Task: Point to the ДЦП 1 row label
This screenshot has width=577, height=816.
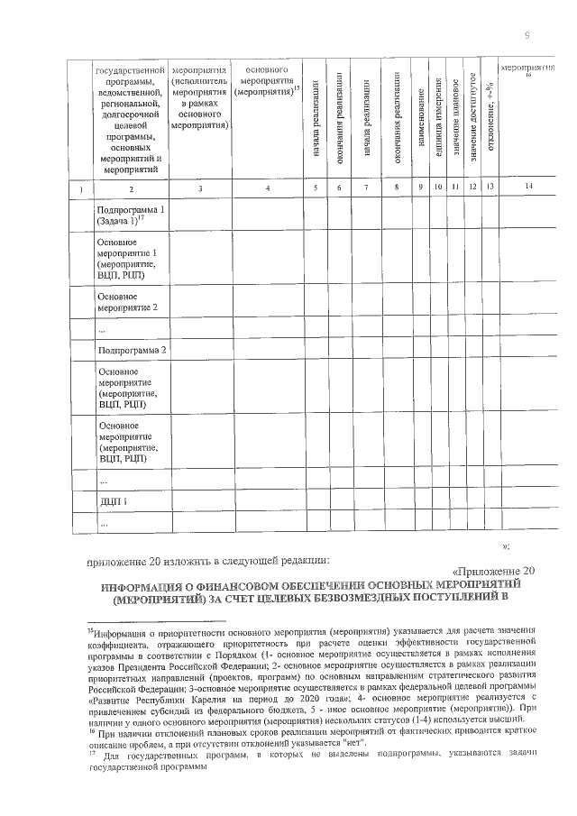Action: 114,500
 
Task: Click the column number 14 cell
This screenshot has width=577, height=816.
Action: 527,188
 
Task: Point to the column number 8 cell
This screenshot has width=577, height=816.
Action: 396,188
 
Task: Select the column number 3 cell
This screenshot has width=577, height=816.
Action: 199,188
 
